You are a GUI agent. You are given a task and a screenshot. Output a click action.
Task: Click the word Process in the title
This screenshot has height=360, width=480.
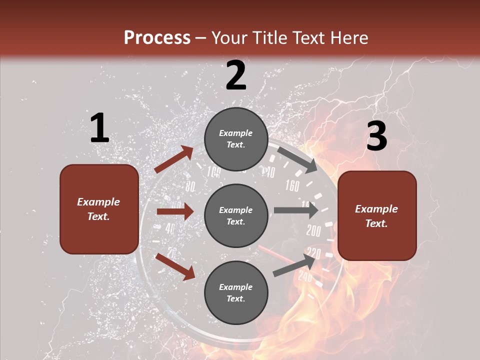(157, 38)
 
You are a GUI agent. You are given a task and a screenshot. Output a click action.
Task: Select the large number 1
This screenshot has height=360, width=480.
(99, 128)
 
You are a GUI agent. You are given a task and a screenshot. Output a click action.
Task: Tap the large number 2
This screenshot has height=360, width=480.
(236, 75)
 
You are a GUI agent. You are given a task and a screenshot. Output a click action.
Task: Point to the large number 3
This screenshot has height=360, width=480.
(376, 136)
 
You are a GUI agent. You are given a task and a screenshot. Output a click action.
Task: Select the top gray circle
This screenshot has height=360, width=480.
(236, 139)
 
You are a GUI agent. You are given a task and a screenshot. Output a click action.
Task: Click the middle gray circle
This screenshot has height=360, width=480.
(236, 215)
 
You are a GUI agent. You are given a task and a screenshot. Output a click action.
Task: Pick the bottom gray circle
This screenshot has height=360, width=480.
(236, 292)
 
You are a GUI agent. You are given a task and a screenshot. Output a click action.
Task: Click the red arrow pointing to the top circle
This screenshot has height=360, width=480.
(174, 159)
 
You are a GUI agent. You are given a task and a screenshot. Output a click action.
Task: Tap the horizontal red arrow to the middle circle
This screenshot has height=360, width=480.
(175, 211)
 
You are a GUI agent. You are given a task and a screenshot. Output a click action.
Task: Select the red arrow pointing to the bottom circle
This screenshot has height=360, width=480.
(175, 266)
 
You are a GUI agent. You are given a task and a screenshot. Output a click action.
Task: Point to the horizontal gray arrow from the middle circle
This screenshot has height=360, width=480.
(295, 210)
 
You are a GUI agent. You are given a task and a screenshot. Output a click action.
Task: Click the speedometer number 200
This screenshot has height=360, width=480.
(313, 231)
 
